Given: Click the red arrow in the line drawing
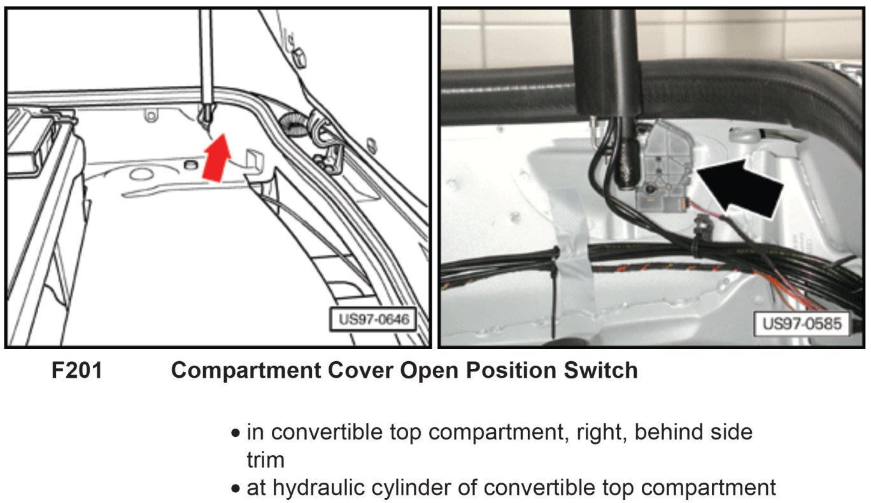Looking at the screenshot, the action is point(215,159).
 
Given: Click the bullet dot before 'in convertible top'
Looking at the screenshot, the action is point(236,434).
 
